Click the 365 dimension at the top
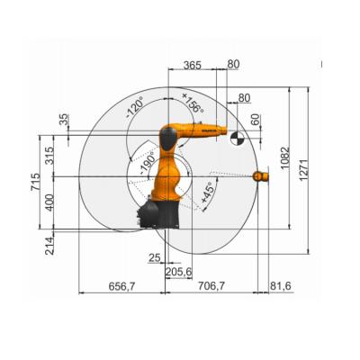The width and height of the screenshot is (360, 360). (x=192, y=65)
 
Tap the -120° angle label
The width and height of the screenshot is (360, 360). (x=135, y=107)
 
